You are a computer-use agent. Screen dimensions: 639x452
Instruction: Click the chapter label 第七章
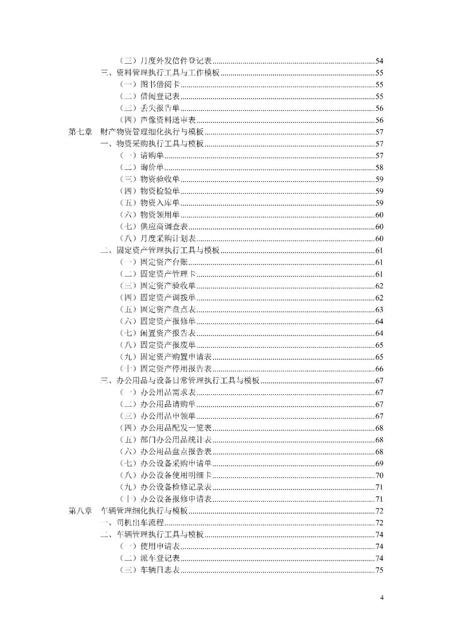pyautogui.click(x=80, y=132)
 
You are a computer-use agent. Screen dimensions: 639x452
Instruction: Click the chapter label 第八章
pyautogui.click(x=80, y=511)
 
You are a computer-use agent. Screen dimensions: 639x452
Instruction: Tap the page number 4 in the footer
pyautogui.click(x=381, y=598)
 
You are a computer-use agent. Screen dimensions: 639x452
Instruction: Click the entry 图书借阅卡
pyautogui.click(x=160, y=85)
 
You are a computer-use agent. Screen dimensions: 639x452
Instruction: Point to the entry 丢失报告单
pyautogui.click(x=160, y=108)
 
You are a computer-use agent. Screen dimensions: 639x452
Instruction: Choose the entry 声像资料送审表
pyautogui.click(x=168, y=120)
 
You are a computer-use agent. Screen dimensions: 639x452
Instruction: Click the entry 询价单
pyautogui.click(x=152, y=167)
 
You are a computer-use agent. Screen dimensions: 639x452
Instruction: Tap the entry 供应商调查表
pyautogui.click(x=164, y=227)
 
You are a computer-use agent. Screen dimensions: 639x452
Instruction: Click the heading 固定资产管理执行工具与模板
pyautogui.click(x=168, y=251)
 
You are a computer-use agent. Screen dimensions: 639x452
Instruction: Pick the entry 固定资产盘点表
pyautogui.click(x=168, y=310)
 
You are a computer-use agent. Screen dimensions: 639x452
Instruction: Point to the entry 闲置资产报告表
pyautogui.click(x=168, y=334)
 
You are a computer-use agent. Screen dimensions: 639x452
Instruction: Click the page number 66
pyautogui.click(x=379, y=369)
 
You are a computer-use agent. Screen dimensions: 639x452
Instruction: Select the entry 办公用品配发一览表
pyautogui.click(x=176, y=428)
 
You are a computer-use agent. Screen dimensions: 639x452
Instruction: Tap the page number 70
pyautogui.click(x=379, y=475)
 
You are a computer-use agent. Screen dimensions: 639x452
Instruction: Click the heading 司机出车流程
pyautogui.click(x=140, y=523)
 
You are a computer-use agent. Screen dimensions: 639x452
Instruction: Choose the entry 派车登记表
pyautogui.click(x=160, y=558)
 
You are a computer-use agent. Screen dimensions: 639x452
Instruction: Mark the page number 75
pyautogui.click(x=379, y=570)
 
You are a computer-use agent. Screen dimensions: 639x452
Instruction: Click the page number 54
pyautogui.click(x=379, y=61)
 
